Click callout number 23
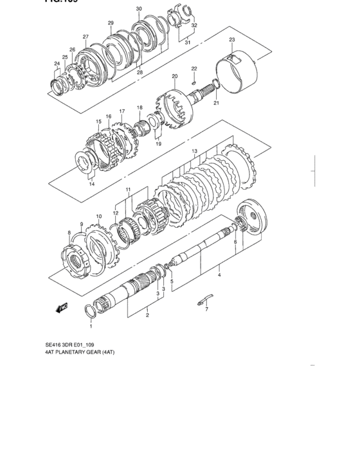pos(232,40)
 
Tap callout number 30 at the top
pos(139,8)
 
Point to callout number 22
pos(194,68)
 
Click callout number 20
pos(174,76)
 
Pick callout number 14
pos(92,184)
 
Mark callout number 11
pos(129,190)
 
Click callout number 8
pos(69,232)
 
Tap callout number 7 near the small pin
pos(206,309)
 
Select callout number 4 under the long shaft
pos(219,276)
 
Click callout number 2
pos(147,315)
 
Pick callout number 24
pos(57,63)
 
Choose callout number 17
pos(122,111)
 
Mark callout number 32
pos(194,26)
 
